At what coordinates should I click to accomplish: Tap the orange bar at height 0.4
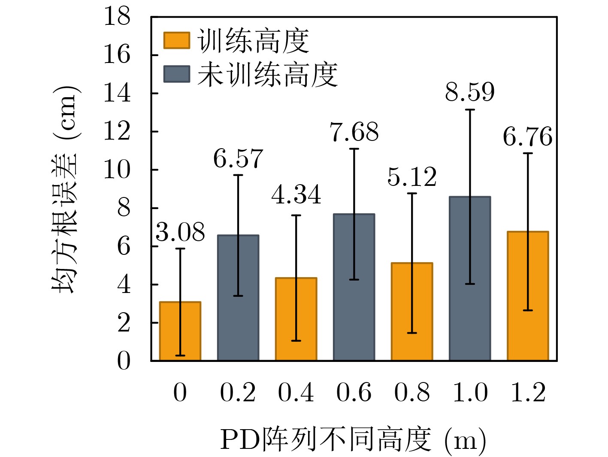(x=296, y=319)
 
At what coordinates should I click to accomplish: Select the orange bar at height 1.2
(x=528, y=296)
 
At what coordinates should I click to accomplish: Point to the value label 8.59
(x=470, y=92)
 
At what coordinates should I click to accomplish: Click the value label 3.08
(x=180, y=233)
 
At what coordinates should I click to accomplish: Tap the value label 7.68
(x=354, y=132)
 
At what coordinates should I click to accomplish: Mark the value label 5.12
(x=412, y=177)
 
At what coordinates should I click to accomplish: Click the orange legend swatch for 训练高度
(x=176, y=41)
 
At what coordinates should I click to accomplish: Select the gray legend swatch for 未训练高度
(x=176, y=74)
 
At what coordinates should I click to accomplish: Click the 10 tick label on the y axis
(x=117, y=170)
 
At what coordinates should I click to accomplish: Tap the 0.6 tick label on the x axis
(x=354, y=392)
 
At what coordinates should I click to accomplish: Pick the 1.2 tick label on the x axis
(x=528, y=392)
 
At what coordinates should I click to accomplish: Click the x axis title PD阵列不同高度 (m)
(x=353, y=440)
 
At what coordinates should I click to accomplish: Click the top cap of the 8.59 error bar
(x=470, y=110)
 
